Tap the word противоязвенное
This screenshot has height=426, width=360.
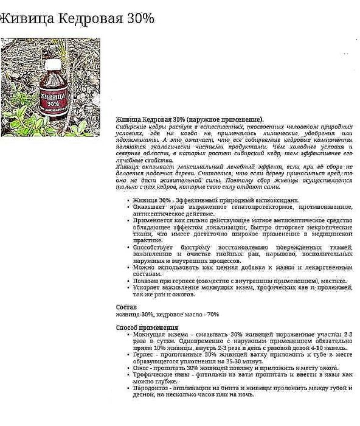point(321,207)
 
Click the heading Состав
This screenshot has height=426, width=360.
point(126,307)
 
